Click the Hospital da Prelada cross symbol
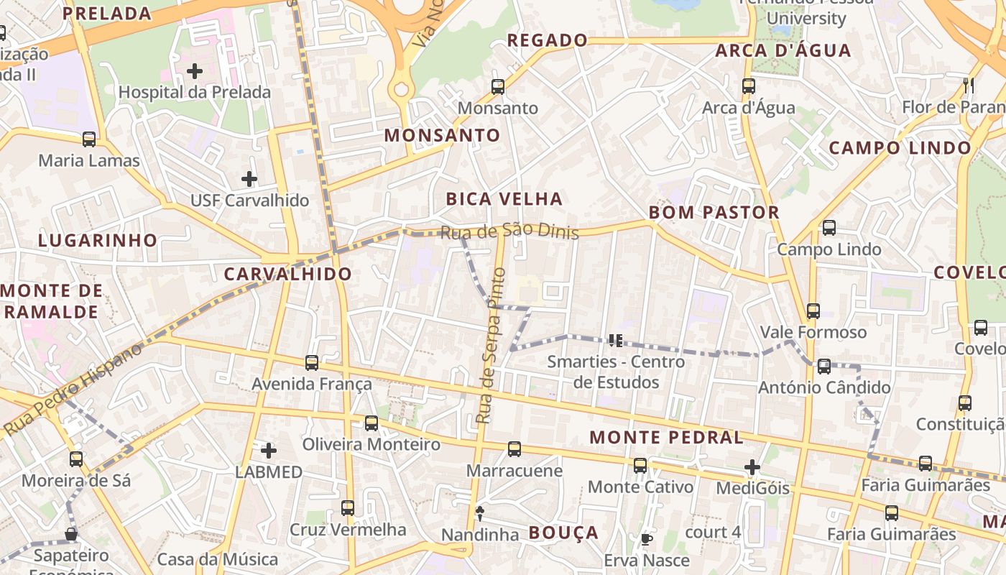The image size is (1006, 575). pos(194,71)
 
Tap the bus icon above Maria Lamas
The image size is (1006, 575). pos(89,139)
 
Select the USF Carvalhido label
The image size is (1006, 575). pos(249,200)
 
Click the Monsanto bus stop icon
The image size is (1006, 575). pos(498,87)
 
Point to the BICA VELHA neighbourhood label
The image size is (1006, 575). pos(504,199)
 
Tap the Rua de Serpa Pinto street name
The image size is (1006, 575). pos(491,345)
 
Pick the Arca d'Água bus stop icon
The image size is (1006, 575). pos(749,86)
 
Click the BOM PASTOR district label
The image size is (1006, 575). pos(714,213)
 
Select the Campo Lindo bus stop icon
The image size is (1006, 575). pos(829,228)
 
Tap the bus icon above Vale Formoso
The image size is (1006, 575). pos(813,311)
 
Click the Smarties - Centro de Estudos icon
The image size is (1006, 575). pos(615,340)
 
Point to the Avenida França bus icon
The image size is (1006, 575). pos(312,363)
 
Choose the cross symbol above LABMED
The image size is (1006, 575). pos(269,451)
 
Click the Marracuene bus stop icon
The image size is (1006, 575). pos(514,449)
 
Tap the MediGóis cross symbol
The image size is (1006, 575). pos(752,468)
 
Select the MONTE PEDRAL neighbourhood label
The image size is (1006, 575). pos(666,437)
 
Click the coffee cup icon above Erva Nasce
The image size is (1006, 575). pos(647,539)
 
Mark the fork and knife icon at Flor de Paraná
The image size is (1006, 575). pos(969,86)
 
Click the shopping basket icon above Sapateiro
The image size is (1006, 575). pos(71,534)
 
